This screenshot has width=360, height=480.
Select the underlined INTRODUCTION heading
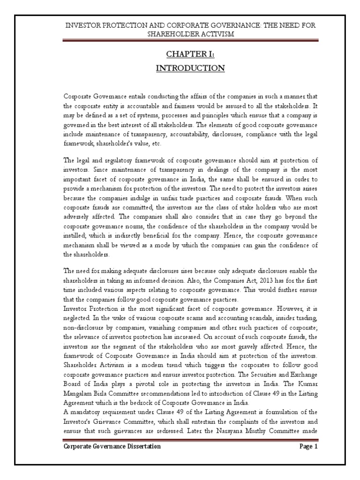190,68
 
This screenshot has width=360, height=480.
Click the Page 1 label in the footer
309,447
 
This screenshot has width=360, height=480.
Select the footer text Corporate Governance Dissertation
112,447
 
